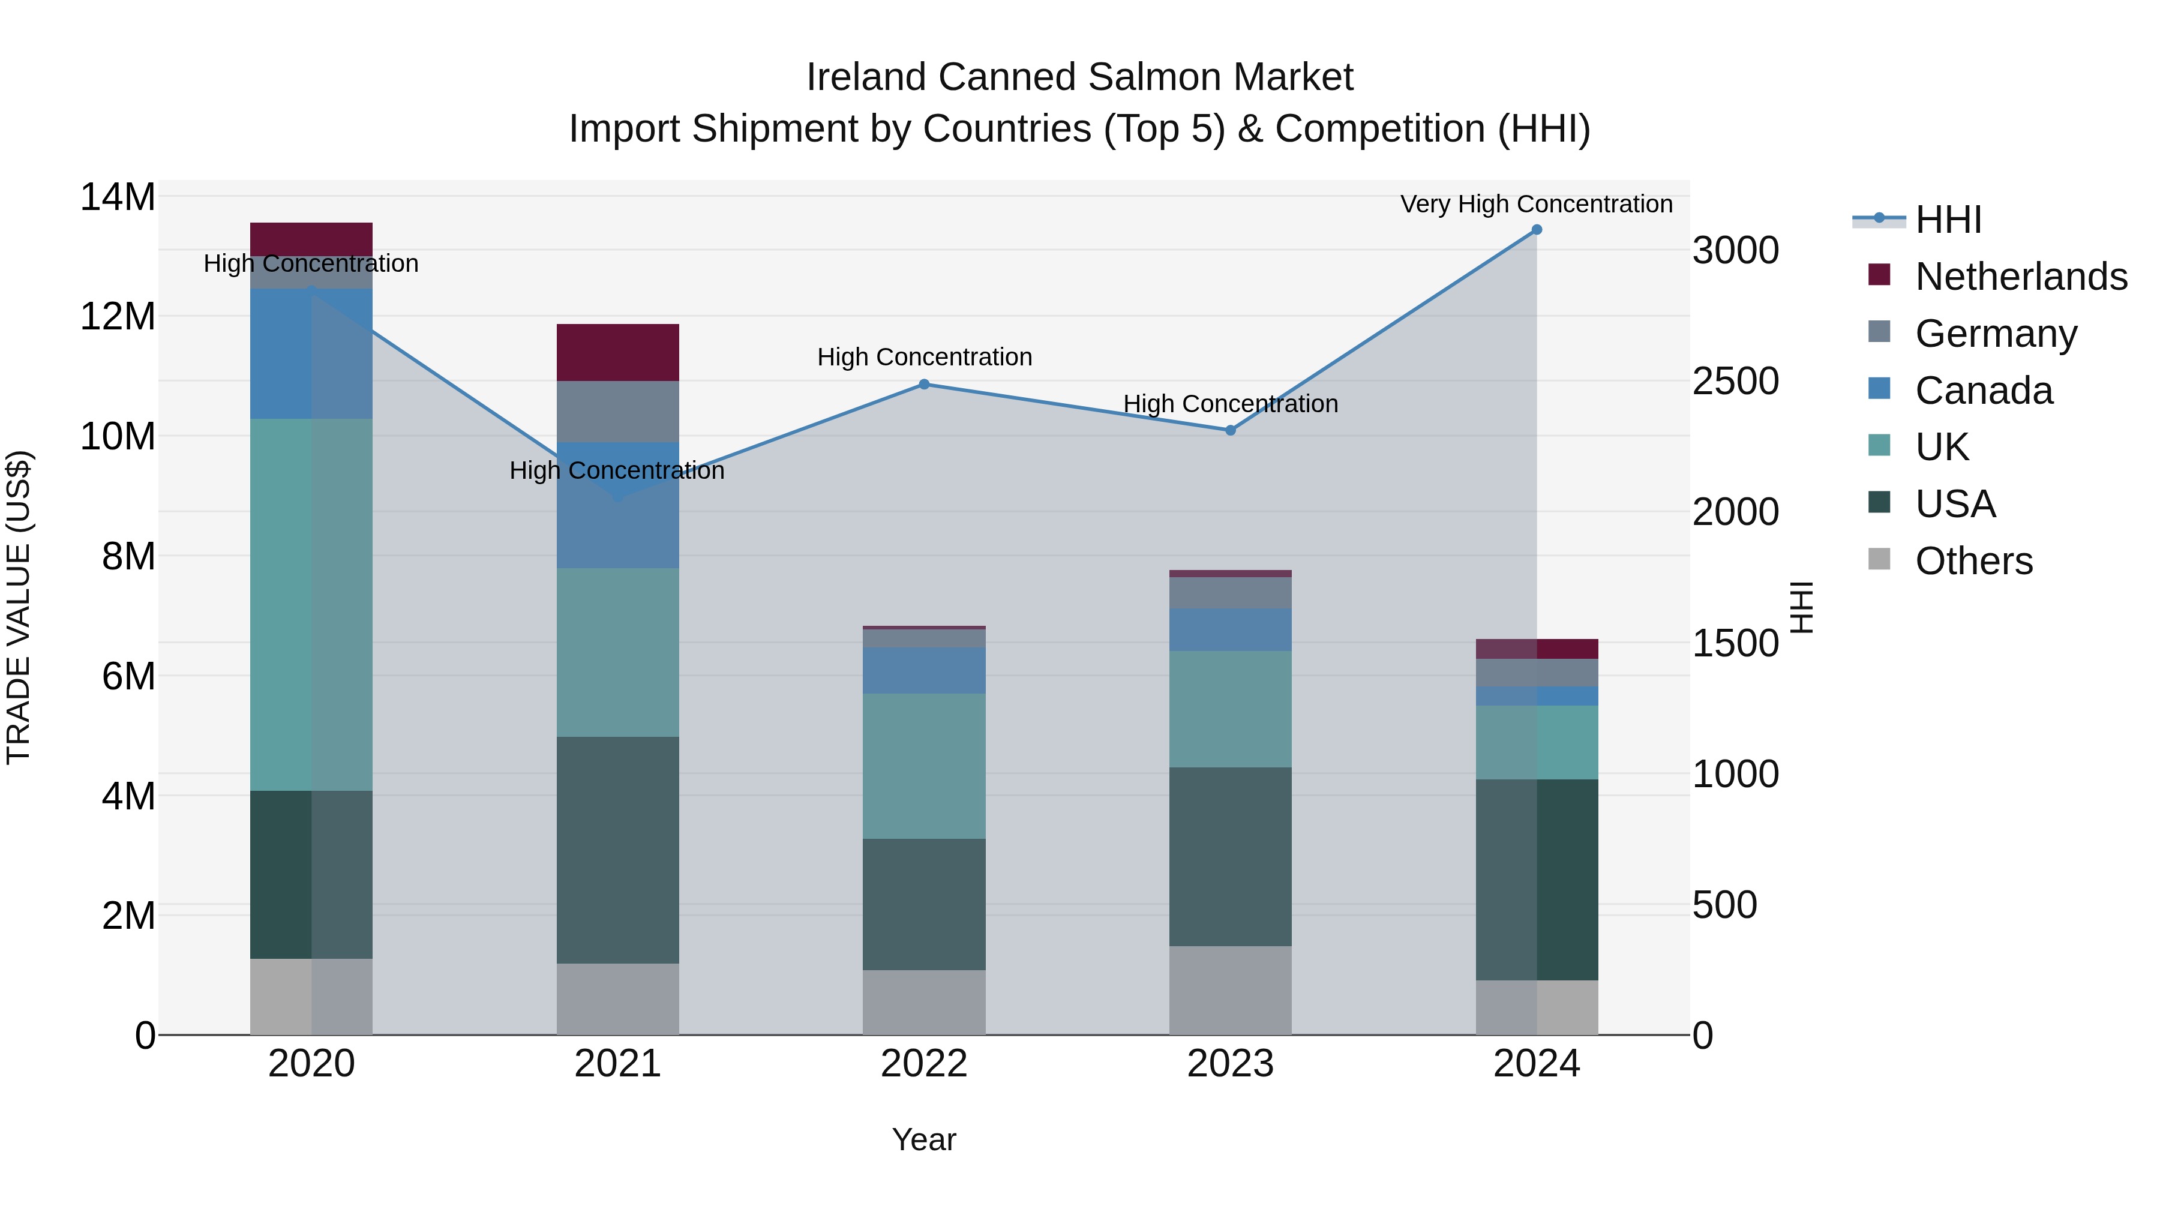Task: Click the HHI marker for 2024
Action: [x=1536, y=230]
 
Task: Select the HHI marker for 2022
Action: [x=924, y=384]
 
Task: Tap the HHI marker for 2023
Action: [x=1230, y=430]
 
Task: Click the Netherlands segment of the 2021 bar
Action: [x=617, y=352]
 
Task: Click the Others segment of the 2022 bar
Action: [x=924, y=1002]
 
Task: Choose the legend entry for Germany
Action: [x=1996, y=334]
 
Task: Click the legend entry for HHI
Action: [x=1948, y=220]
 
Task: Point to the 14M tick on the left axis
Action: [x=118, y=198]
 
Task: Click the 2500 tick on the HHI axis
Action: [x=1735, y=382]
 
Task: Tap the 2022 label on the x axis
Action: [x=924, y=1064]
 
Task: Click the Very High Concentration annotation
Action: [x=1536, y=204]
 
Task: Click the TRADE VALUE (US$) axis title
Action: [x=19, y=607]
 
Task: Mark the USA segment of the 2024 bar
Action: [x=1536, y=879]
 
